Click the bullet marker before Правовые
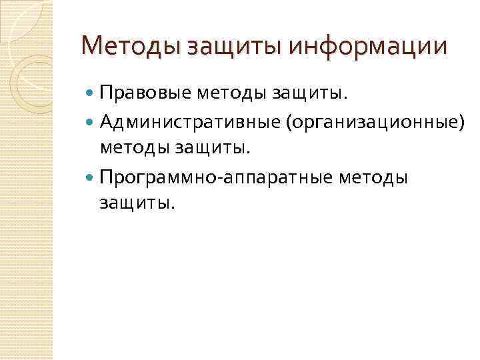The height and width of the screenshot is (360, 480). [91, 94]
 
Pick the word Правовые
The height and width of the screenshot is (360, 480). [145, 94]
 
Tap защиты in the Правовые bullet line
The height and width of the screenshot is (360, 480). [309, 95]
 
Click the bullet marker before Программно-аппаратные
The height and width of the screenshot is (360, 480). [91, 178]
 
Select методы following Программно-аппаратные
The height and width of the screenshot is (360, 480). [373, 178]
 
